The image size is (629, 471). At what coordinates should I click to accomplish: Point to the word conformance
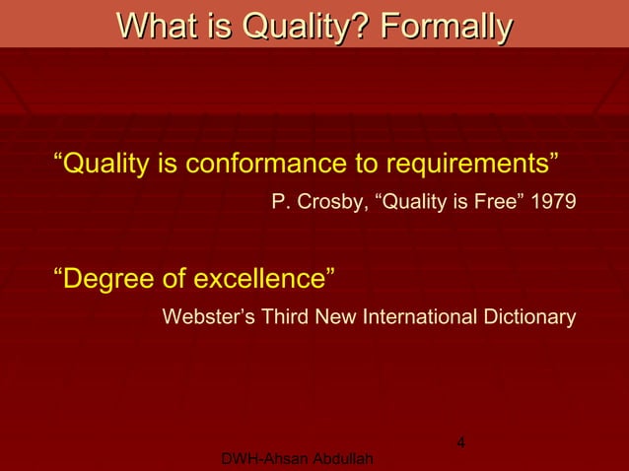coord(260,162)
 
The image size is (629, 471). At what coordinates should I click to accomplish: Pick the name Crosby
coord(329,204)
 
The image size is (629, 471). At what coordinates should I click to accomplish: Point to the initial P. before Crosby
coord(279,204)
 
